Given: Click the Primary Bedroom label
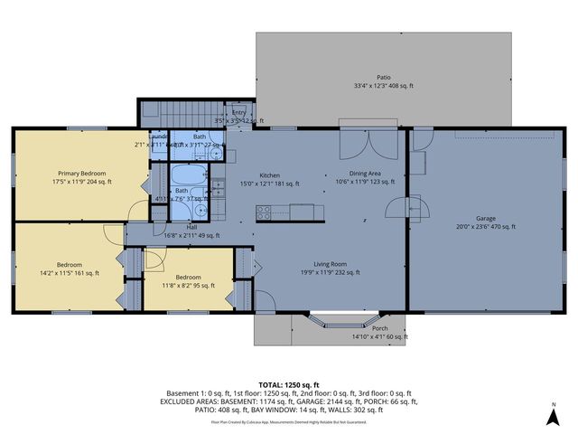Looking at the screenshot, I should point(82,174).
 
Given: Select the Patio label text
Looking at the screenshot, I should point(384,78).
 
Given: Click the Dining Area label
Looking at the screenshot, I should point(366,174).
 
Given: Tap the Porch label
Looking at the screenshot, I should point(380,328).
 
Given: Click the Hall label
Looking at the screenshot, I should point(191,227).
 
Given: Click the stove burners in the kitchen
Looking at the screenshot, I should point(265,212).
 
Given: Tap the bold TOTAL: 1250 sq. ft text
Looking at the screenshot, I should point(289,384).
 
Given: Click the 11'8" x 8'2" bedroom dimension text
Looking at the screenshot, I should point(189,286).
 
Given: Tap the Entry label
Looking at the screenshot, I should point(238,112).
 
